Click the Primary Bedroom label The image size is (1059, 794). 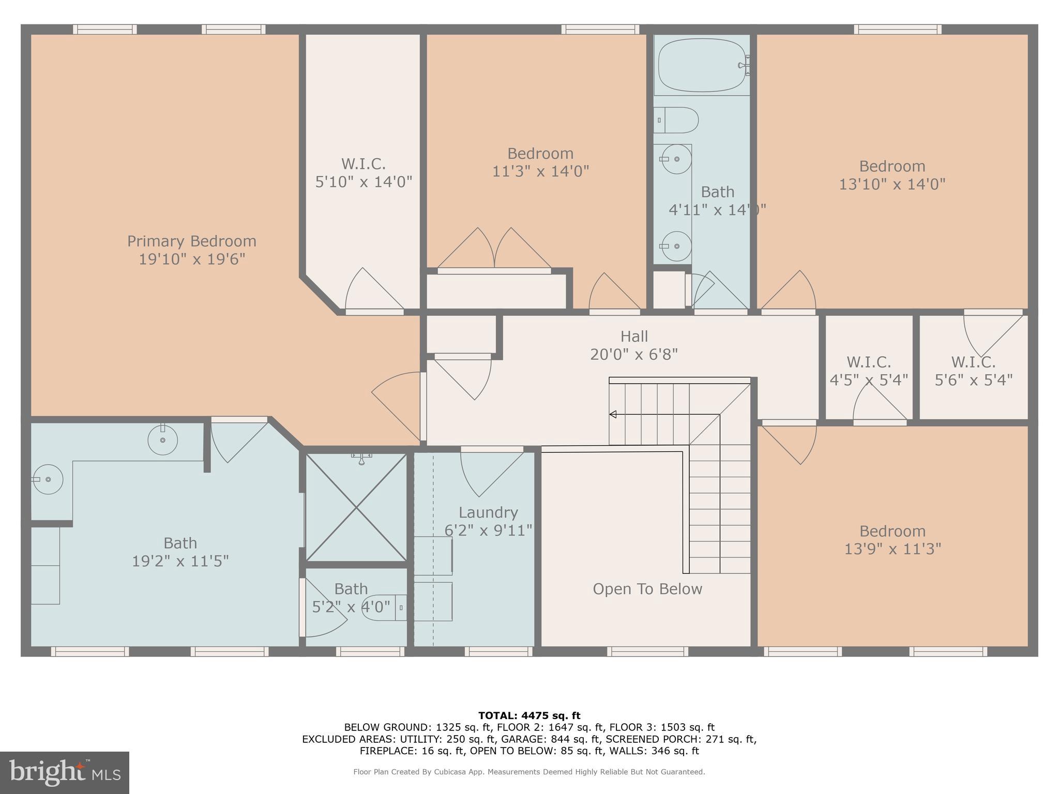191,241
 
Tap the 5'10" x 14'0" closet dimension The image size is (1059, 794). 364,182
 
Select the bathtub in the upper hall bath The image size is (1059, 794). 701,66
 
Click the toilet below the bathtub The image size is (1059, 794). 677,120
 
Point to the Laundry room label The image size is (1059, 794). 488,513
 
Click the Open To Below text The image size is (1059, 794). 647,589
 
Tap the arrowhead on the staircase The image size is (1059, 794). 613,414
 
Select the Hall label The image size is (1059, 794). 634,337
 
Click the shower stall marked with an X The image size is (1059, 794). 356,508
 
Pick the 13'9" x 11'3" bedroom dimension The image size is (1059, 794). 892,549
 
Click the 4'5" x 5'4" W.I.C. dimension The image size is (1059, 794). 869,380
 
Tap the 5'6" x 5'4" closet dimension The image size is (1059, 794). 973,380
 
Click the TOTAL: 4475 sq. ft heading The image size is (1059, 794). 529,716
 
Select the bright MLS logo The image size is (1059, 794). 64,773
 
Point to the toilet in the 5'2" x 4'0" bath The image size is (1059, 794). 383,607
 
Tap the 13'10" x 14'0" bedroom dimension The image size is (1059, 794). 892,184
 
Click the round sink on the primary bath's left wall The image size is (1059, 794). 48,480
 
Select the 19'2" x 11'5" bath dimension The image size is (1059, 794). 180,561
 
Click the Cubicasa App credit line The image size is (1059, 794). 529,772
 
